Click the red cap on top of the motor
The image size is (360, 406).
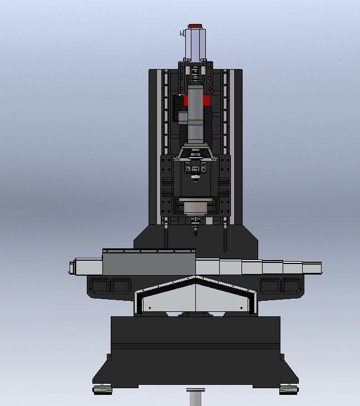195,26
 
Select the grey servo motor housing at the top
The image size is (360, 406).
195,45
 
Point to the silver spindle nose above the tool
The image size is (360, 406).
195,210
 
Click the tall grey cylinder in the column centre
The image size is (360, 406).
195,117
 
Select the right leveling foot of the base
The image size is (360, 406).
288,389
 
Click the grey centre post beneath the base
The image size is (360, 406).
194,398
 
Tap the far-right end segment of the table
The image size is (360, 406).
312,268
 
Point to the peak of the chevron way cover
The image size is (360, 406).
194,278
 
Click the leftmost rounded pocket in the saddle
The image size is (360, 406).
100,286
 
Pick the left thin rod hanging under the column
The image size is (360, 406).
165,236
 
